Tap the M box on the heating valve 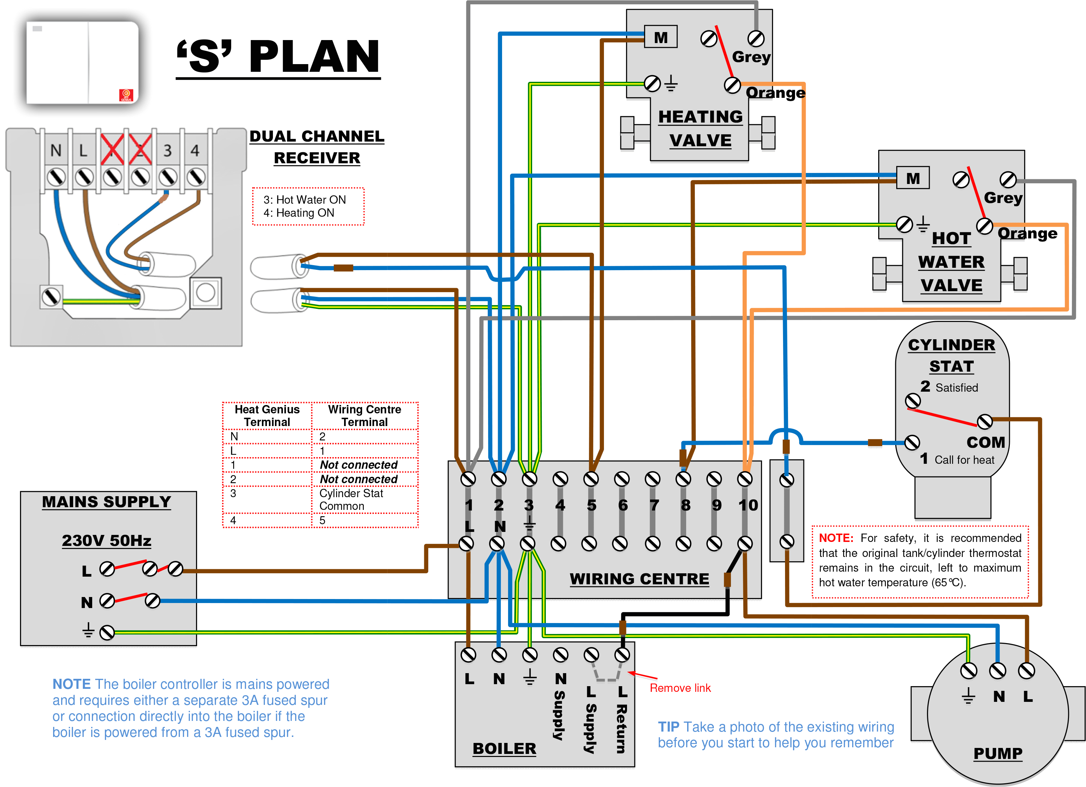pos(660,37)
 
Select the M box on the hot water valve pos(912,178)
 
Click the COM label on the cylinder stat pos(985,442)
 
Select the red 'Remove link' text pos(679,688)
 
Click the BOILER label pos(504,748)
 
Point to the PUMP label pos(997,753)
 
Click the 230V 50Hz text pos(106,541)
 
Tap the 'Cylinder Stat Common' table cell pos(351,499)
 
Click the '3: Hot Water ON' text pos(305,200)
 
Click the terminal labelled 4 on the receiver pos(195,150)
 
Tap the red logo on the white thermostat pos(126,95)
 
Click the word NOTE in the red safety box pos(835,538)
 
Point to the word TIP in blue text pos(668,727)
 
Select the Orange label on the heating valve pos(775,92)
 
